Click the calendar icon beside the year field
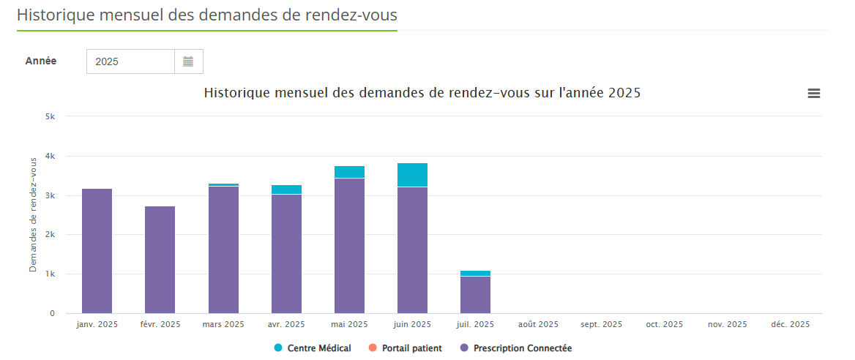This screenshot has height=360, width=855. pos(188,61)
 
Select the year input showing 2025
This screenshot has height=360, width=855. pos(130,61)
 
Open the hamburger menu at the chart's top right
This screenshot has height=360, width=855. pos(813,93)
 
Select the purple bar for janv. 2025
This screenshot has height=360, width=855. pos(97,251)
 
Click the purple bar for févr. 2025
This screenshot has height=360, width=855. pos(160,260)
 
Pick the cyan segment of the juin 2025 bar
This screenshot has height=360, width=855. pos(412,175)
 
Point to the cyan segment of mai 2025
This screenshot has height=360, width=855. pos(349,172)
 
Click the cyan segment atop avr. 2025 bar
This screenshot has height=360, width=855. pos(286,190)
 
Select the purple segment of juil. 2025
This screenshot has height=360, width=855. pos(475,295)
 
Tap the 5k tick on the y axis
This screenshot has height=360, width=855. pos(50,116)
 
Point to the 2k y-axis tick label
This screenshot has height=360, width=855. pos(50,235)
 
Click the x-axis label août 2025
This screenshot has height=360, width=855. pos(538,324)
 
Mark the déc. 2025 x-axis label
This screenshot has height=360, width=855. pos(791,324)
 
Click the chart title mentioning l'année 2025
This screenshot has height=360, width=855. pos(422,93)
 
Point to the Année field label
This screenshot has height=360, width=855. pos(41,61)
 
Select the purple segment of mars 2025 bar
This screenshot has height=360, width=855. pos(223,250)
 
